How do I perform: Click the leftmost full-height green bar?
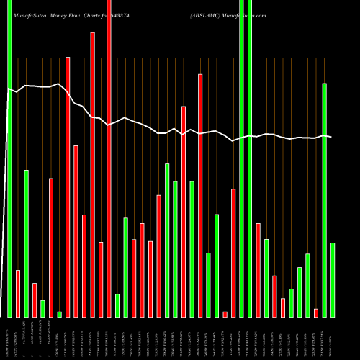tap(9, 158)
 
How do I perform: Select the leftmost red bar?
tap(18, 293)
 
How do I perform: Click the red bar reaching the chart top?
tap(109, 158)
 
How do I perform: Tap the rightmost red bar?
tap(316, 312)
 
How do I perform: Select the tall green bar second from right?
tap(324, 200)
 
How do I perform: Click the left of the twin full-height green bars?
tap(242, 158)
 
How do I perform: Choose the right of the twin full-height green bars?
tap(250, 158)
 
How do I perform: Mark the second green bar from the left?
tap(26, 243)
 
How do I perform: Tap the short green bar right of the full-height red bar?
tap(117, 305)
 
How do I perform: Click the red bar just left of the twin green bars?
tap(233, 253)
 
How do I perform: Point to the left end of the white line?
tap(7, 89)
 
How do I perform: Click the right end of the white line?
tap(332, 137)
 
